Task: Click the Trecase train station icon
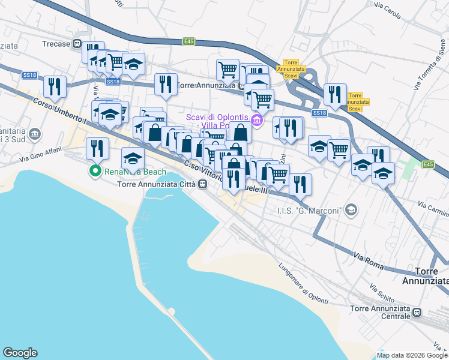point(77,44)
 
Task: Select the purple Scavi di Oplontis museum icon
point(258,121)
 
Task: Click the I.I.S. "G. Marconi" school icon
point(351,210)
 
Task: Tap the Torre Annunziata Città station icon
point(203,184)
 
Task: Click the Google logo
point(20,353)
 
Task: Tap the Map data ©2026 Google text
point(412,355)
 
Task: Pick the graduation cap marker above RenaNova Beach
point(133,158)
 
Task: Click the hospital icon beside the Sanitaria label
point(35,133)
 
